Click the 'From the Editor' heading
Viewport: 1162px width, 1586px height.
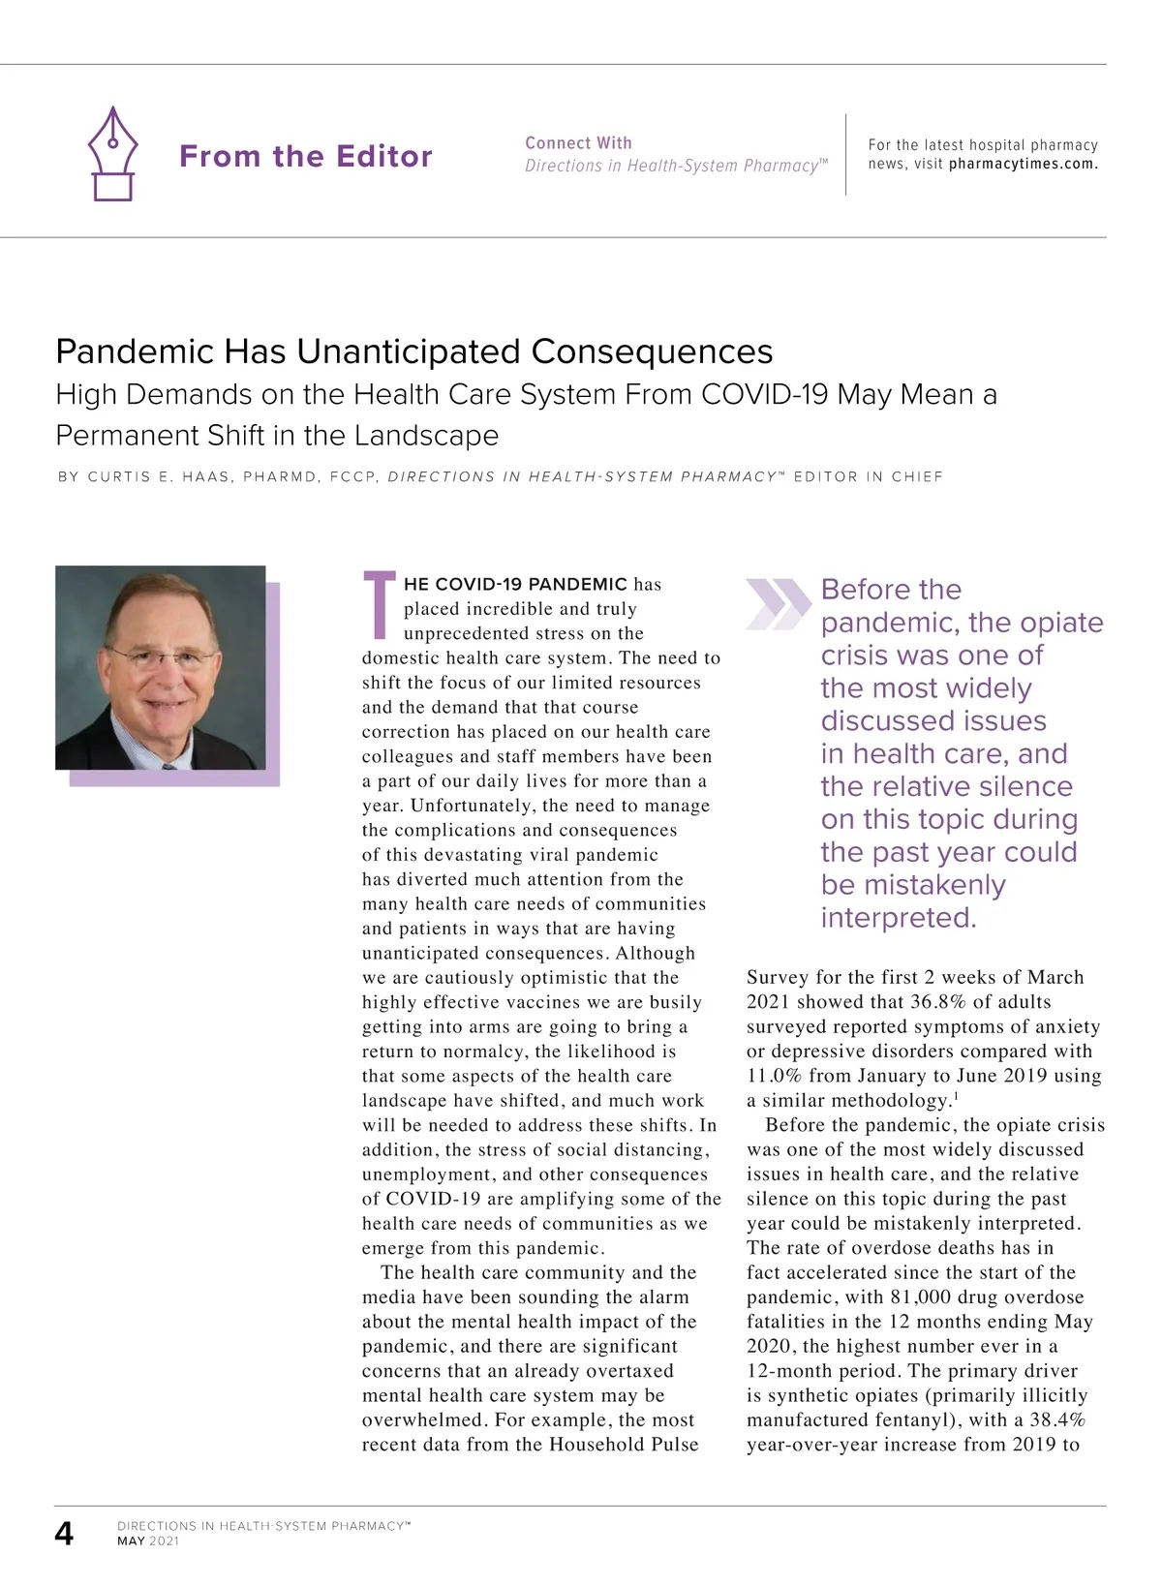point(305,156)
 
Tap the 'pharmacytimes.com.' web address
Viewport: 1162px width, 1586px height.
point(1023,164)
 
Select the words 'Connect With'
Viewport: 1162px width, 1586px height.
point(578,142)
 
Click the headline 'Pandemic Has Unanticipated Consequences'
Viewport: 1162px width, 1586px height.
point(414,351)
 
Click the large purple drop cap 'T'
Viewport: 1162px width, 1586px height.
point(379,605)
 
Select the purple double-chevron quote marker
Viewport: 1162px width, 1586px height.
point(778,603)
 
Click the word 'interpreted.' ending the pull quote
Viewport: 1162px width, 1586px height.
point(899,917)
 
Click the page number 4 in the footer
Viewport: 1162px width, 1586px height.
point(64,1533)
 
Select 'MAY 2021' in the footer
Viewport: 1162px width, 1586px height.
point(148,1540)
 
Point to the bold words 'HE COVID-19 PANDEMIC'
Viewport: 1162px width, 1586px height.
point(515,584)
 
